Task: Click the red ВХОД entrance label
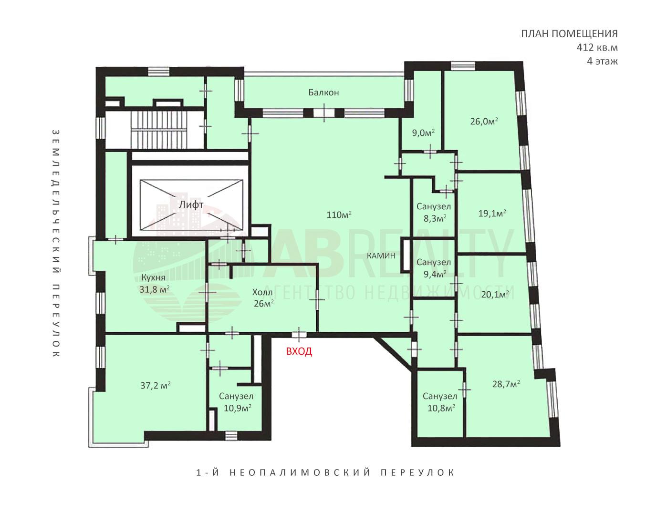point(299,351)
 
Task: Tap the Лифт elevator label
point(191,205)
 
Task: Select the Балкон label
point(323,92)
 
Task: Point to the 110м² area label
point(339,215)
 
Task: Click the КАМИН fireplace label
point(381,256)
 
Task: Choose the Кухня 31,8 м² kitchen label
point(154,283)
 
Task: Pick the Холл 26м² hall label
point(263,297)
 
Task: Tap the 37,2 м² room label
point(156,385)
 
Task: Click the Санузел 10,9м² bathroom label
point(237,402)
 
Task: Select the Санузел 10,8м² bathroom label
point(440,402)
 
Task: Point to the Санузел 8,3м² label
point(434,212)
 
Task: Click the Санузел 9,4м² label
point(434,268)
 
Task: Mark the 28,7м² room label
point(506,384)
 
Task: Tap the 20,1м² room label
point(495,295)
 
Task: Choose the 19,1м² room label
point(492,213)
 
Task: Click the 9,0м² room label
point(423,133)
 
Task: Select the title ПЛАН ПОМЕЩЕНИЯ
point(570,34)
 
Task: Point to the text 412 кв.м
point(597,48)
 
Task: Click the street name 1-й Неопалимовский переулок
point(325,473)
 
